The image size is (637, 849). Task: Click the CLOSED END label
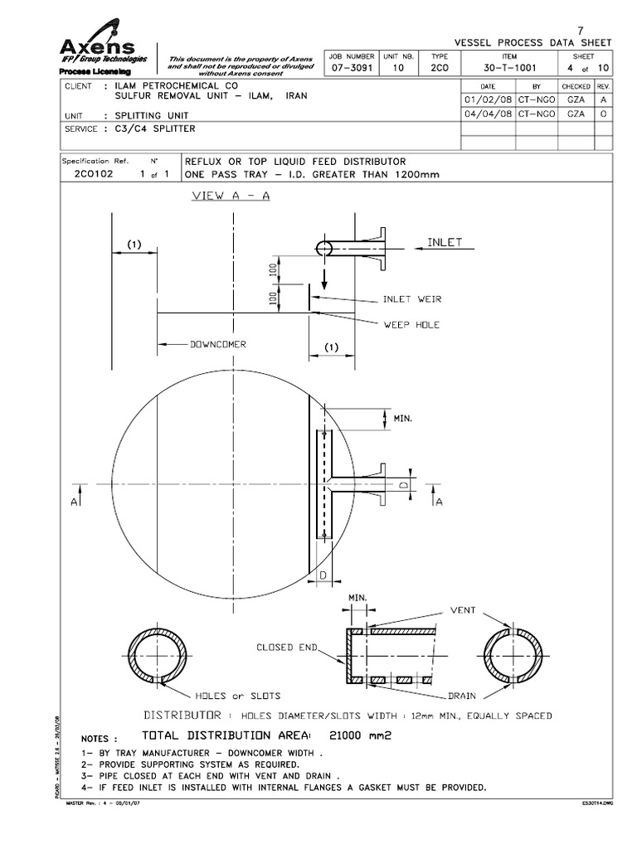286,647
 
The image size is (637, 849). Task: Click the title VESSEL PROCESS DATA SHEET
534,42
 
